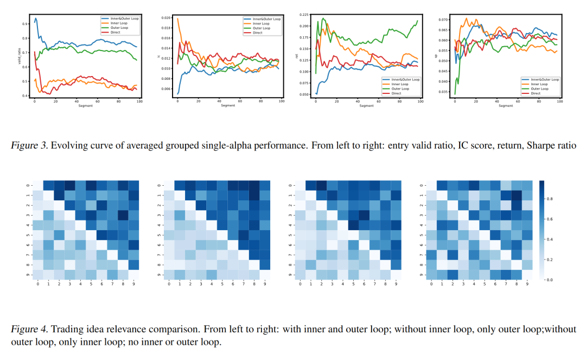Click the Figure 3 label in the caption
[x=26, y=146]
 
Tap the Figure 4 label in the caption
[x=26, y=329]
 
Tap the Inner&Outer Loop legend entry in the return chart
[x=404, y=79]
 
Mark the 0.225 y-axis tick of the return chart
[x=304, y=14]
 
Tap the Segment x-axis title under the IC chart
[x=228, y=105]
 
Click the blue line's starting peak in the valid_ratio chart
[x=36, y=18]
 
